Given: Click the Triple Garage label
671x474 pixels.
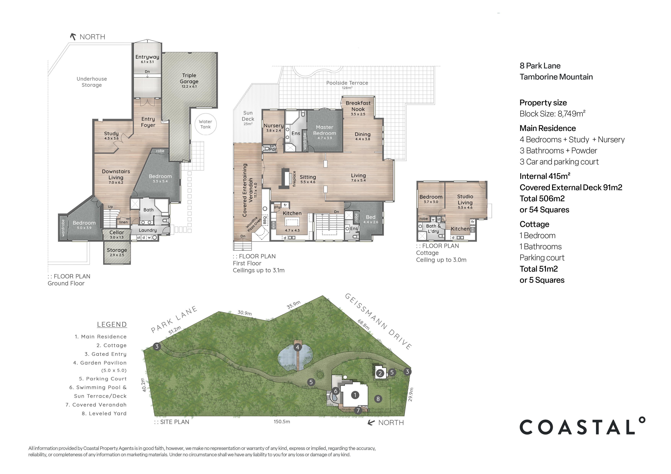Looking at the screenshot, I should coord(189,79).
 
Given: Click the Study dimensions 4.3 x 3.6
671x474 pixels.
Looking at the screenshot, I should coord(111,138).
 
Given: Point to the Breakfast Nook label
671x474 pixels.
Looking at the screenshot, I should coord(358,106).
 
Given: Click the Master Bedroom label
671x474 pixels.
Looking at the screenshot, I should coord(324,130).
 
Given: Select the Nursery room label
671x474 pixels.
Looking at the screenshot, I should coord(274,126).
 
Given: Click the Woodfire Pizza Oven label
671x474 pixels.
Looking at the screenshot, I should coord(253,224).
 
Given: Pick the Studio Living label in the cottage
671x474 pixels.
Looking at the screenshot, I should coord(465,200).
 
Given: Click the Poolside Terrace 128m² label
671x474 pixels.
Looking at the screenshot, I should coord(347,84).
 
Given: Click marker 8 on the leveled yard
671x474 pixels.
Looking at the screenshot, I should coord(378,399).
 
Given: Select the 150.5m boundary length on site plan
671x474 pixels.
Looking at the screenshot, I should coord(282,422).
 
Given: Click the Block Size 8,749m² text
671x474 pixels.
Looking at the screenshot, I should coord(552,114).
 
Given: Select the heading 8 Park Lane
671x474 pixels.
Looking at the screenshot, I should coord(540,66).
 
